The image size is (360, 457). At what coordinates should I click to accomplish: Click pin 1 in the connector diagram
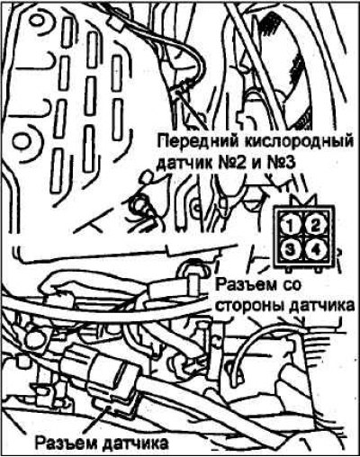290,226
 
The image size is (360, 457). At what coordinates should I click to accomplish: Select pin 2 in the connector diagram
315,226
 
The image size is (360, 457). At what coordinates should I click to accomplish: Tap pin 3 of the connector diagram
290,249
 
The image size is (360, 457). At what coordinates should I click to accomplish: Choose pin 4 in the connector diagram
315,249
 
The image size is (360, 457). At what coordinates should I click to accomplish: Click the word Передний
196,141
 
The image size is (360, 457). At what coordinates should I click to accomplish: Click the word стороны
250,307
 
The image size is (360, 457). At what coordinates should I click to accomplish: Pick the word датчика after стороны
321,306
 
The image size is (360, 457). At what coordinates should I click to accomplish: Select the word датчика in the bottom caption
135,443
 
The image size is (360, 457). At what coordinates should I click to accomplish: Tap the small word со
290,285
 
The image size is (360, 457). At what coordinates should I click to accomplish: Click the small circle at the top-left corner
36,21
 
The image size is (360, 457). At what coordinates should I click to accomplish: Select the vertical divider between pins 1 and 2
302,226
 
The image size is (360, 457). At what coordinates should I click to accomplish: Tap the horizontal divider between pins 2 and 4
315,237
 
